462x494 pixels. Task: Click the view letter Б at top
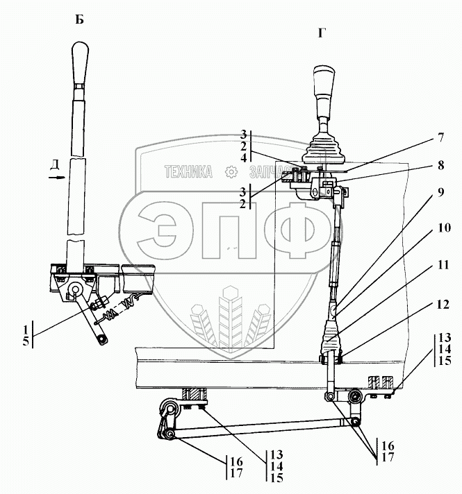[79, 19]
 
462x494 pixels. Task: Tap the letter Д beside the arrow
[54, 164]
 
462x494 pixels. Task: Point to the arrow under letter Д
[55, 178]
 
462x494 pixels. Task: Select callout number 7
[440, 137]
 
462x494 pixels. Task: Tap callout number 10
[443, 226]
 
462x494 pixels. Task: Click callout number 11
[443, 265]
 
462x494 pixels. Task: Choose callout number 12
[443, 304]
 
